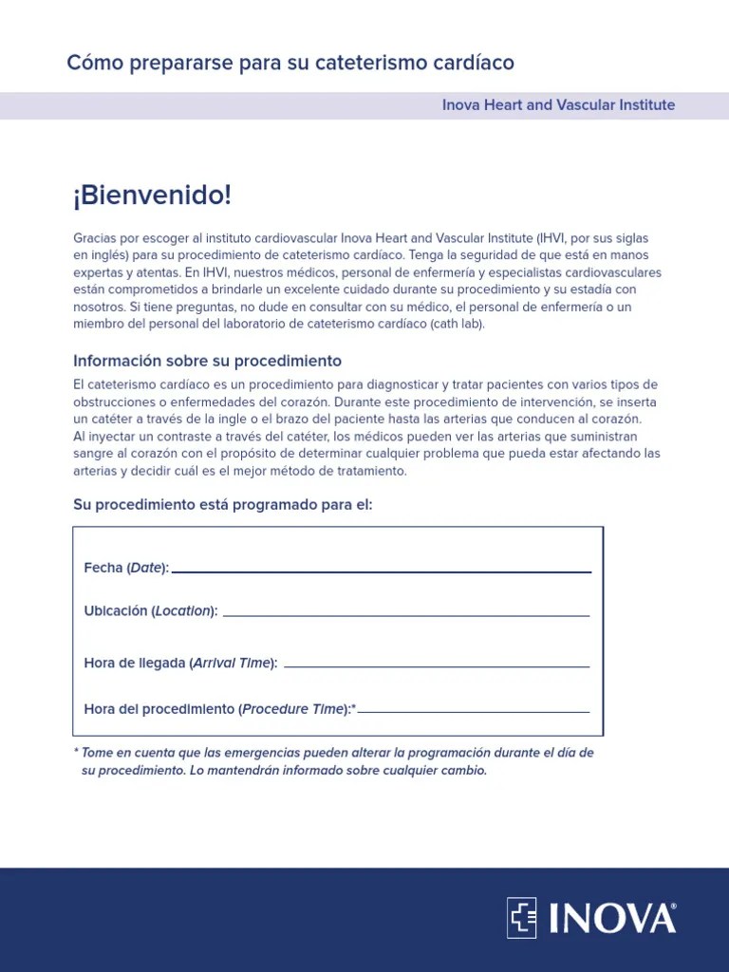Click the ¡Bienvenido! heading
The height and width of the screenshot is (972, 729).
tap(152, 196)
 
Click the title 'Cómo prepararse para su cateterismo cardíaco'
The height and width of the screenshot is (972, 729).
tap(290, 63)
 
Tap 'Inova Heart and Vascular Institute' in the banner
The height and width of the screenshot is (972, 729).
tap(558, 104)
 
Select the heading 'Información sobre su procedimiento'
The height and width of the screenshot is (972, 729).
tap(207, 361)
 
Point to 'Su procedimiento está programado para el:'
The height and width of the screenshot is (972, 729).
tap(223, 504)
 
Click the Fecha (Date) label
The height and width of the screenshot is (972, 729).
tap(126, 568)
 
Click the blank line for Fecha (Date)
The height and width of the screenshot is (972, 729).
tap(381, 571)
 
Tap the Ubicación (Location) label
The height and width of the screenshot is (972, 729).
tap(151, 610)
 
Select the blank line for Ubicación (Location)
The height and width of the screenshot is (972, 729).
tap(405, 615)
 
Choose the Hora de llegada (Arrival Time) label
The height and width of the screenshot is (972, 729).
tap(180, 663)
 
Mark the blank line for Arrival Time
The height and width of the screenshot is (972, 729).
tap(437, 666)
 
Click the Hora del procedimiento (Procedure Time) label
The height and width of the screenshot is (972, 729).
tap(218, 708)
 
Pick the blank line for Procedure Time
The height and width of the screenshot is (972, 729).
tap(474, 712)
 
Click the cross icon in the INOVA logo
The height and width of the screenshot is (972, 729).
tap(521, 917)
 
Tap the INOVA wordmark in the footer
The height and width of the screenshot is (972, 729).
tap(607, 918)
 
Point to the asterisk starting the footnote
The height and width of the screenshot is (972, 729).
tap(76, 752)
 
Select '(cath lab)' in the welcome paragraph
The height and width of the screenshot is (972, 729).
tap(456, 324)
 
